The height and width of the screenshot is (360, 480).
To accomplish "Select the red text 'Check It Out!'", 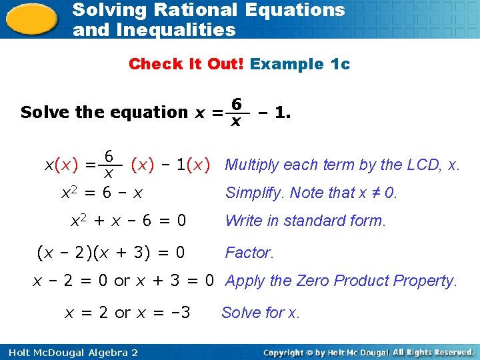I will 187,64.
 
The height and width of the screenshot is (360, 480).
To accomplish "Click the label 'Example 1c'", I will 300,64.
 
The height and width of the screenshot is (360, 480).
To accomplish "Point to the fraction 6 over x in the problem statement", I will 235,112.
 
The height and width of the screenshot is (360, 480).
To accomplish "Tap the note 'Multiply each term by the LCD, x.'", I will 343,165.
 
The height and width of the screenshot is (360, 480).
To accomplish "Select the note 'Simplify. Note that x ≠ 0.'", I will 311,193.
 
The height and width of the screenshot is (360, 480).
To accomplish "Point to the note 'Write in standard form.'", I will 305,221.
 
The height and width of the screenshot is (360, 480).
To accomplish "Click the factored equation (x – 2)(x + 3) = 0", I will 111,253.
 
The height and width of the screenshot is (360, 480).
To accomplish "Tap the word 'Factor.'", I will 249,253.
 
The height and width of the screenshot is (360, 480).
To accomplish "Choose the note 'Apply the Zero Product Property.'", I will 341,281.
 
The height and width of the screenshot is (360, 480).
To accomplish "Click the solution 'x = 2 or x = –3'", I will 127,312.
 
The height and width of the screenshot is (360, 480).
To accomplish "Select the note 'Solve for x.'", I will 261,312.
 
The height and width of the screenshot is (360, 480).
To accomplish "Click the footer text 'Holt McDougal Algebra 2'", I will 69,352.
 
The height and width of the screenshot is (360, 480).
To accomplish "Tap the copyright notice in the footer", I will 369,352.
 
